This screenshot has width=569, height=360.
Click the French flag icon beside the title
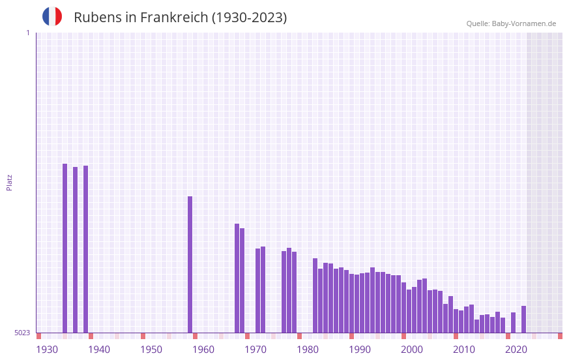point(52,17)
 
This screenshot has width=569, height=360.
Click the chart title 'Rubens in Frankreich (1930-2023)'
point(180,18)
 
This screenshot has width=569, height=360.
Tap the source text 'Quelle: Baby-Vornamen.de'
point(511,23)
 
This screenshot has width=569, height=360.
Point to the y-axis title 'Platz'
point(9,182)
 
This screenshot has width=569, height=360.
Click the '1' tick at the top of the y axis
point(27,33)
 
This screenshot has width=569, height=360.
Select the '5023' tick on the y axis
point(22,333)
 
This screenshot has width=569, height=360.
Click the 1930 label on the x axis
point(47,350)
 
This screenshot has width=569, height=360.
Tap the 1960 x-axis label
point(203,350)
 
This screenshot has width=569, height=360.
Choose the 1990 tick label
point(360,350)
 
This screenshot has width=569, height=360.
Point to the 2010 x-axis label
point(464,350)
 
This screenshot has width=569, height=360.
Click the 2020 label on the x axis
point(516,350)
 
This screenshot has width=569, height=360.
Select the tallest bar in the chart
point(65,248)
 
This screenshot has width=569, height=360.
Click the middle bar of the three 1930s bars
point(75,250)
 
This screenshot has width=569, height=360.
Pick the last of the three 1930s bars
point(85,249)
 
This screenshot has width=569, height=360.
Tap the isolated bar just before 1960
point(190,264)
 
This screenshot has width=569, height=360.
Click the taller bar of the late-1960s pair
point(237,278)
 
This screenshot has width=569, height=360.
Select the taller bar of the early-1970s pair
point(263,290)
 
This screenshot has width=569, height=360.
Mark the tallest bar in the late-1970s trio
point(289,290)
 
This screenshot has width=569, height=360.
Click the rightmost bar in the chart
point(523,319)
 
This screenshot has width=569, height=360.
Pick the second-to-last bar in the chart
point(513,322)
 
